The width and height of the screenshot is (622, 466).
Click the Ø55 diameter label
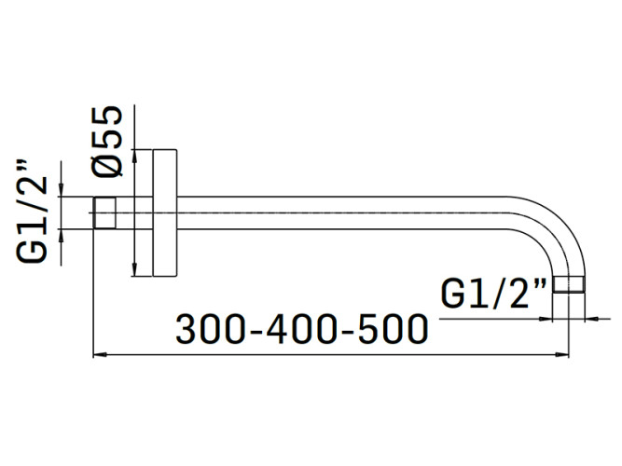(x=108, y=140)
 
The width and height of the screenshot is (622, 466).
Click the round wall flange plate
(x=166, y=212)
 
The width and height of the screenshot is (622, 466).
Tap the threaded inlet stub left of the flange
(x=105, y=212)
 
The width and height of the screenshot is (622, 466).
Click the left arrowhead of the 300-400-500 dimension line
(x=99, y=355)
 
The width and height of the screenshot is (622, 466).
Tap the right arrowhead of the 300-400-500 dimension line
(x=564, y=355)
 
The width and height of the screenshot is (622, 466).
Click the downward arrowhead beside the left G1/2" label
(x=62, y=190)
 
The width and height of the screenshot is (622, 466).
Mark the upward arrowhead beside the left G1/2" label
(x=62, y=235)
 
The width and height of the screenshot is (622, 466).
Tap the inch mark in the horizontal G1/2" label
(x=540, y=285)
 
